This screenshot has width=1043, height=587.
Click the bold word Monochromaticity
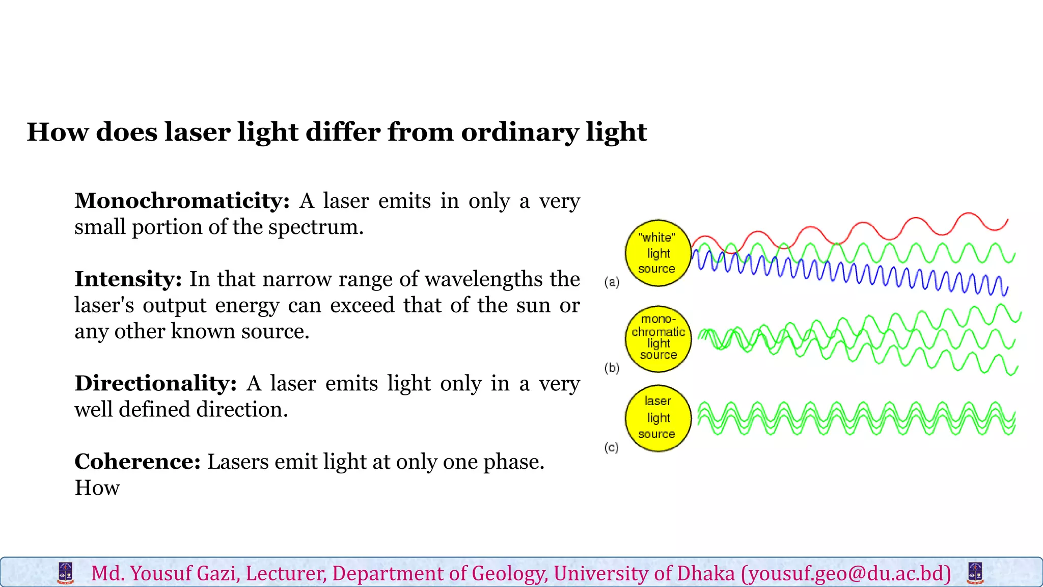coord(181,201)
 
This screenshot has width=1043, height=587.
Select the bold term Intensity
coord(128,279)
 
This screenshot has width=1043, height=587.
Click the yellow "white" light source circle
coord(657,253)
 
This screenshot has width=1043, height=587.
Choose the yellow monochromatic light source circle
coord(658,339)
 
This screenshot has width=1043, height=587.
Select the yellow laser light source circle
coord(657,418)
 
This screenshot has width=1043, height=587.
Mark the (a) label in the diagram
coord(612,282)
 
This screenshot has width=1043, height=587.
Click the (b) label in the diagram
coord(612,368)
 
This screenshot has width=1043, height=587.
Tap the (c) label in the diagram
coord(611,447)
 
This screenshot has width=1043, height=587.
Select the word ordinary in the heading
coord(519,133)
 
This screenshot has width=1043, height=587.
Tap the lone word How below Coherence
coord(97,488)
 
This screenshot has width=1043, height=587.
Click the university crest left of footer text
coord(65,573)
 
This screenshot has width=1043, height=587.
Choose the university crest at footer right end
coord(975,573)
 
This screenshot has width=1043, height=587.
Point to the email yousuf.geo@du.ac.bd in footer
coord(846,574)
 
